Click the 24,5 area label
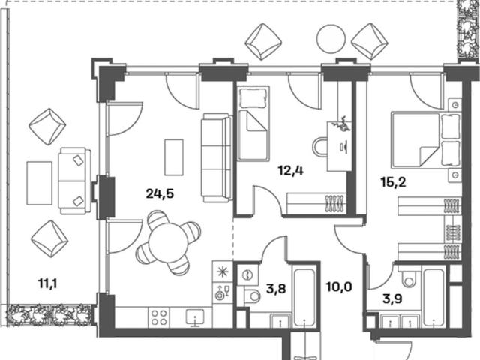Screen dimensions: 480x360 point(160,193)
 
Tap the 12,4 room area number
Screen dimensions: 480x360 point(291,170)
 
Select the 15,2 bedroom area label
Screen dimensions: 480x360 point(393,182)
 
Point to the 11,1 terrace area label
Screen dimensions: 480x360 point(48,283)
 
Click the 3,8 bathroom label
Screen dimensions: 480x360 point(276,288)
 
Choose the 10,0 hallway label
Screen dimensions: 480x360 point(339,287)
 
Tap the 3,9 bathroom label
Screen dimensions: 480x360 point(392,298)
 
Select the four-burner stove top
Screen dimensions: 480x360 point(159,317)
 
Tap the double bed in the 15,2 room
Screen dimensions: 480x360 point(426,140)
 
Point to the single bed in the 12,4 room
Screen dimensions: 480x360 point(253,123)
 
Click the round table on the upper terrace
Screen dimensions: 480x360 point(329,38)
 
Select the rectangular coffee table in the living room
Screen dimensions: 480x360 point(174,157)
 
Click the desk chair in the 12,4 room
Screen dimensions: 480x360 point(320,147)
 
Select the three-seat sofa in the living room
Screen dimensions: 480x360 point(217,158)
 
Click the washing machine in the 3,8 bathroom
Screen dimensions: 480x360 point(247,274)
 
